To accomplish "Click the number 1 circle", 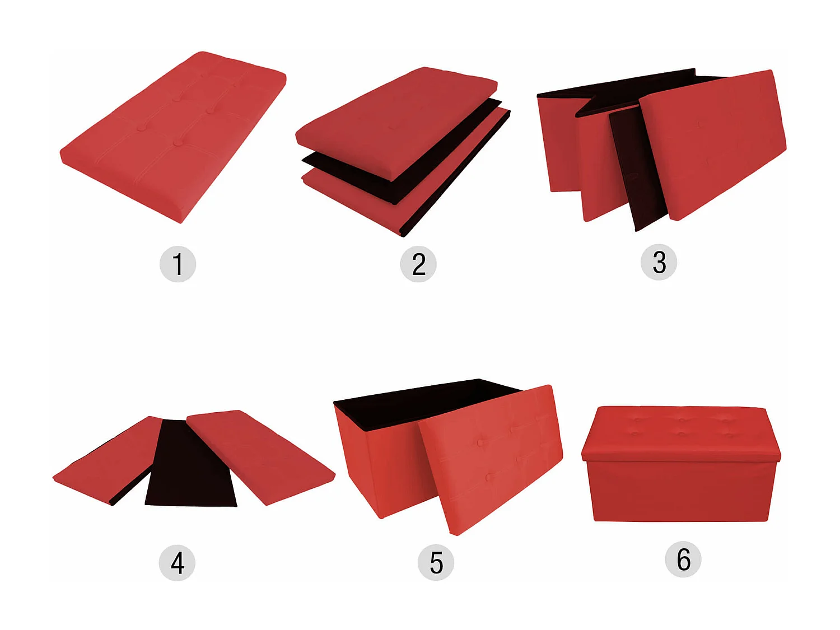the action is tap(178, 264).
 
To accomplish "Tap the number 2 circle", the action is tap(418, 264).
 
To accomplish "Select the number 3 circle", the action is tap(659, 263).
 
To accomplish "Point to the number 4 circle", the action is tap(177, 563).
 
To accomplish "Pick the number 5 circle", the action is tap(436, 563).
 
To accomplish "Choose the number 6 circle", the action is tap(683, 559).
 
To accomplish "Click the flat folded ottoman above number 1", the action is tap(173, 137).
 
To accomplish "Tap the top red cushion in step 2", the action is tap(396, 123).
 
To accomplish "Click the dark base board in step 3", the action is tap(637, 170).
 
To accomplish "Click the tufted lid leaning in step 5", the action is tap(492, 459).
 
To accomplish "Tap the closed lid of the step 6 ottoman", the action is tap(681, 434).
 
